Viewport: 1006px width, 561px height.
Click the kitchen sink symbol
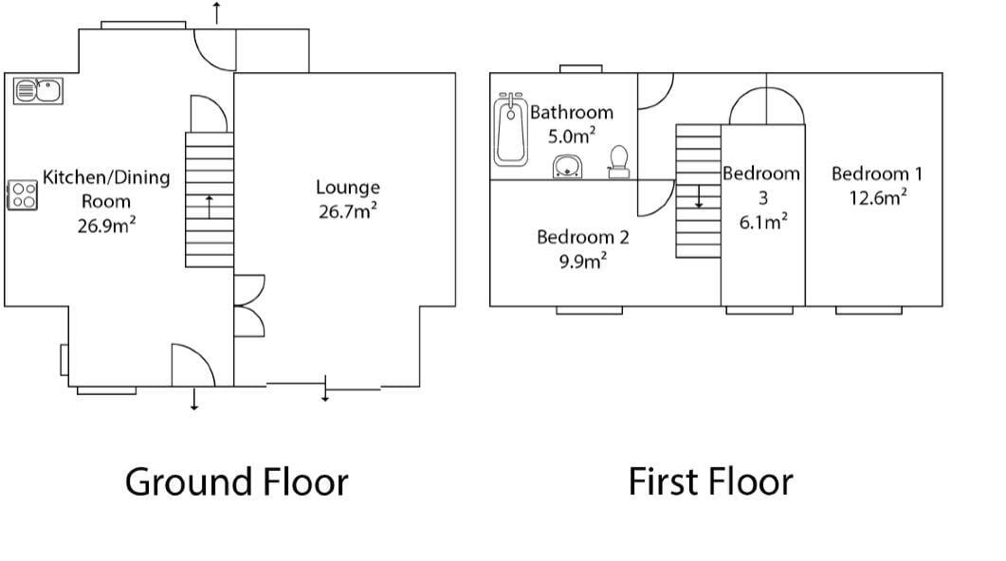(x=38, y=90)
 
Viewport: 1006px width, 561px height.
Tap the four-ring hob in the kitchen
(x=23, y=195)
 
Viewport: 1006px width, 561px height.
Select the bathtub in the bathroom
(x=511, y=130)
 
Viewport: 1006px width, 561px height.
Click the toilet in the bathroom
(x=618, y=162)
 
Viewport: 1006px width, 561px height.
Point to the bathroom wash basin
(x=568, y=166)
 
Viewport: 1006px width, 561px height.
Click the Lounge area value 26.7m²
(x=348, y=211)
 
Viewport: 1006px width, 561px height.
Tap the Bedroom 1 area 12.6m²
(x=878, y=197)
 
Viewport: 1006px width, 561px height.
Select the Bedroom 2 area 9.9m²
(x=582, y=261)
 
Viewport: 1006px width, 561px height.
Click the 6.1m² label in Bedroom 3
(x=763, y=222)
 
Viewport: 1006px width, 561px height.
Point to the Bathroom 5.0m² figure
(x=571, y=136)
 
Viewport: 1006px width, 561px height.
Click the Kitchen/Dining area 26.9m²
(x=106, y=226)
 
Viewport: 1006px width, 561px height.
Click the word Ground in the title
(x=180, y=482)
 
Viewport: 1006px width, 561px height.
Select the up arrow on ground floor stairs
(x=210, y=207)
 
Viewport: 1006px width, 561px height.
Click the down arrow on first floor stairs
(x=699, y=196)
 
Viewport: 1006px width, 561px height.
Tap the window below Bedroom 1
(x=869, y=310)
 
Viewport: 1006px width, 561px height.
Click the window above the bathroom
(x=580, y=68)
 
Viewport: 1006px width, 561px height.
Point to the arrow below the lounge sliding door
(x=325, y=389)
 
